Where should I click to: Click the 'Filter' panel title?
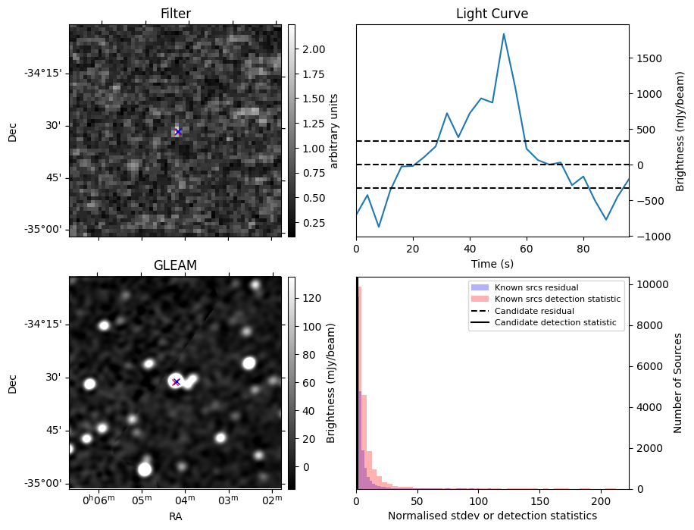[x=175, y=14]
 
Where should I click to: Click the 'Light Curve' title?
[x=492, y=14]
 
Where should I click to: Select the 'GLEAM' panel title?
[x=175, y=265]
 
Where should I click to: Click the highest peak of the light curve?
[x=504, y=34]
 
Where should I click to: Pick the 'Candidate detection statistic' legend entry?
[x=555, y=323]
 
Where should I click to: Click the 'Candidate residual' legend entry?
[x=534, y=312]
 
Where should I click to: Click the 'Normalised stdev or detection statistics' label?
[x=492, y=516]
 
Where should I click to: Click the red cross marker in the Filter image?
[x=178, y=132]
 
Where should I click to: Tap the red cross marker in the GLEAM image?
[x=176, y=382]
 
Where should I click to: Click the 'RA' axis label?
[x=175, y=516]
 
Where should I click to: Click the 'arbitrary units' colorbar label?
[x=334, y=130]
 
